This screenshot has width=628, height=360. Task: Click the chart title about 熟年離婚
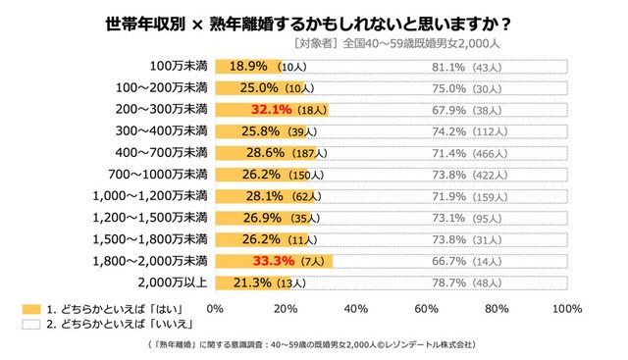coord(314,22)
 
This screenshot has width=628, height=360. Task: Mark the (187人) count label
coord(290,153)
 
